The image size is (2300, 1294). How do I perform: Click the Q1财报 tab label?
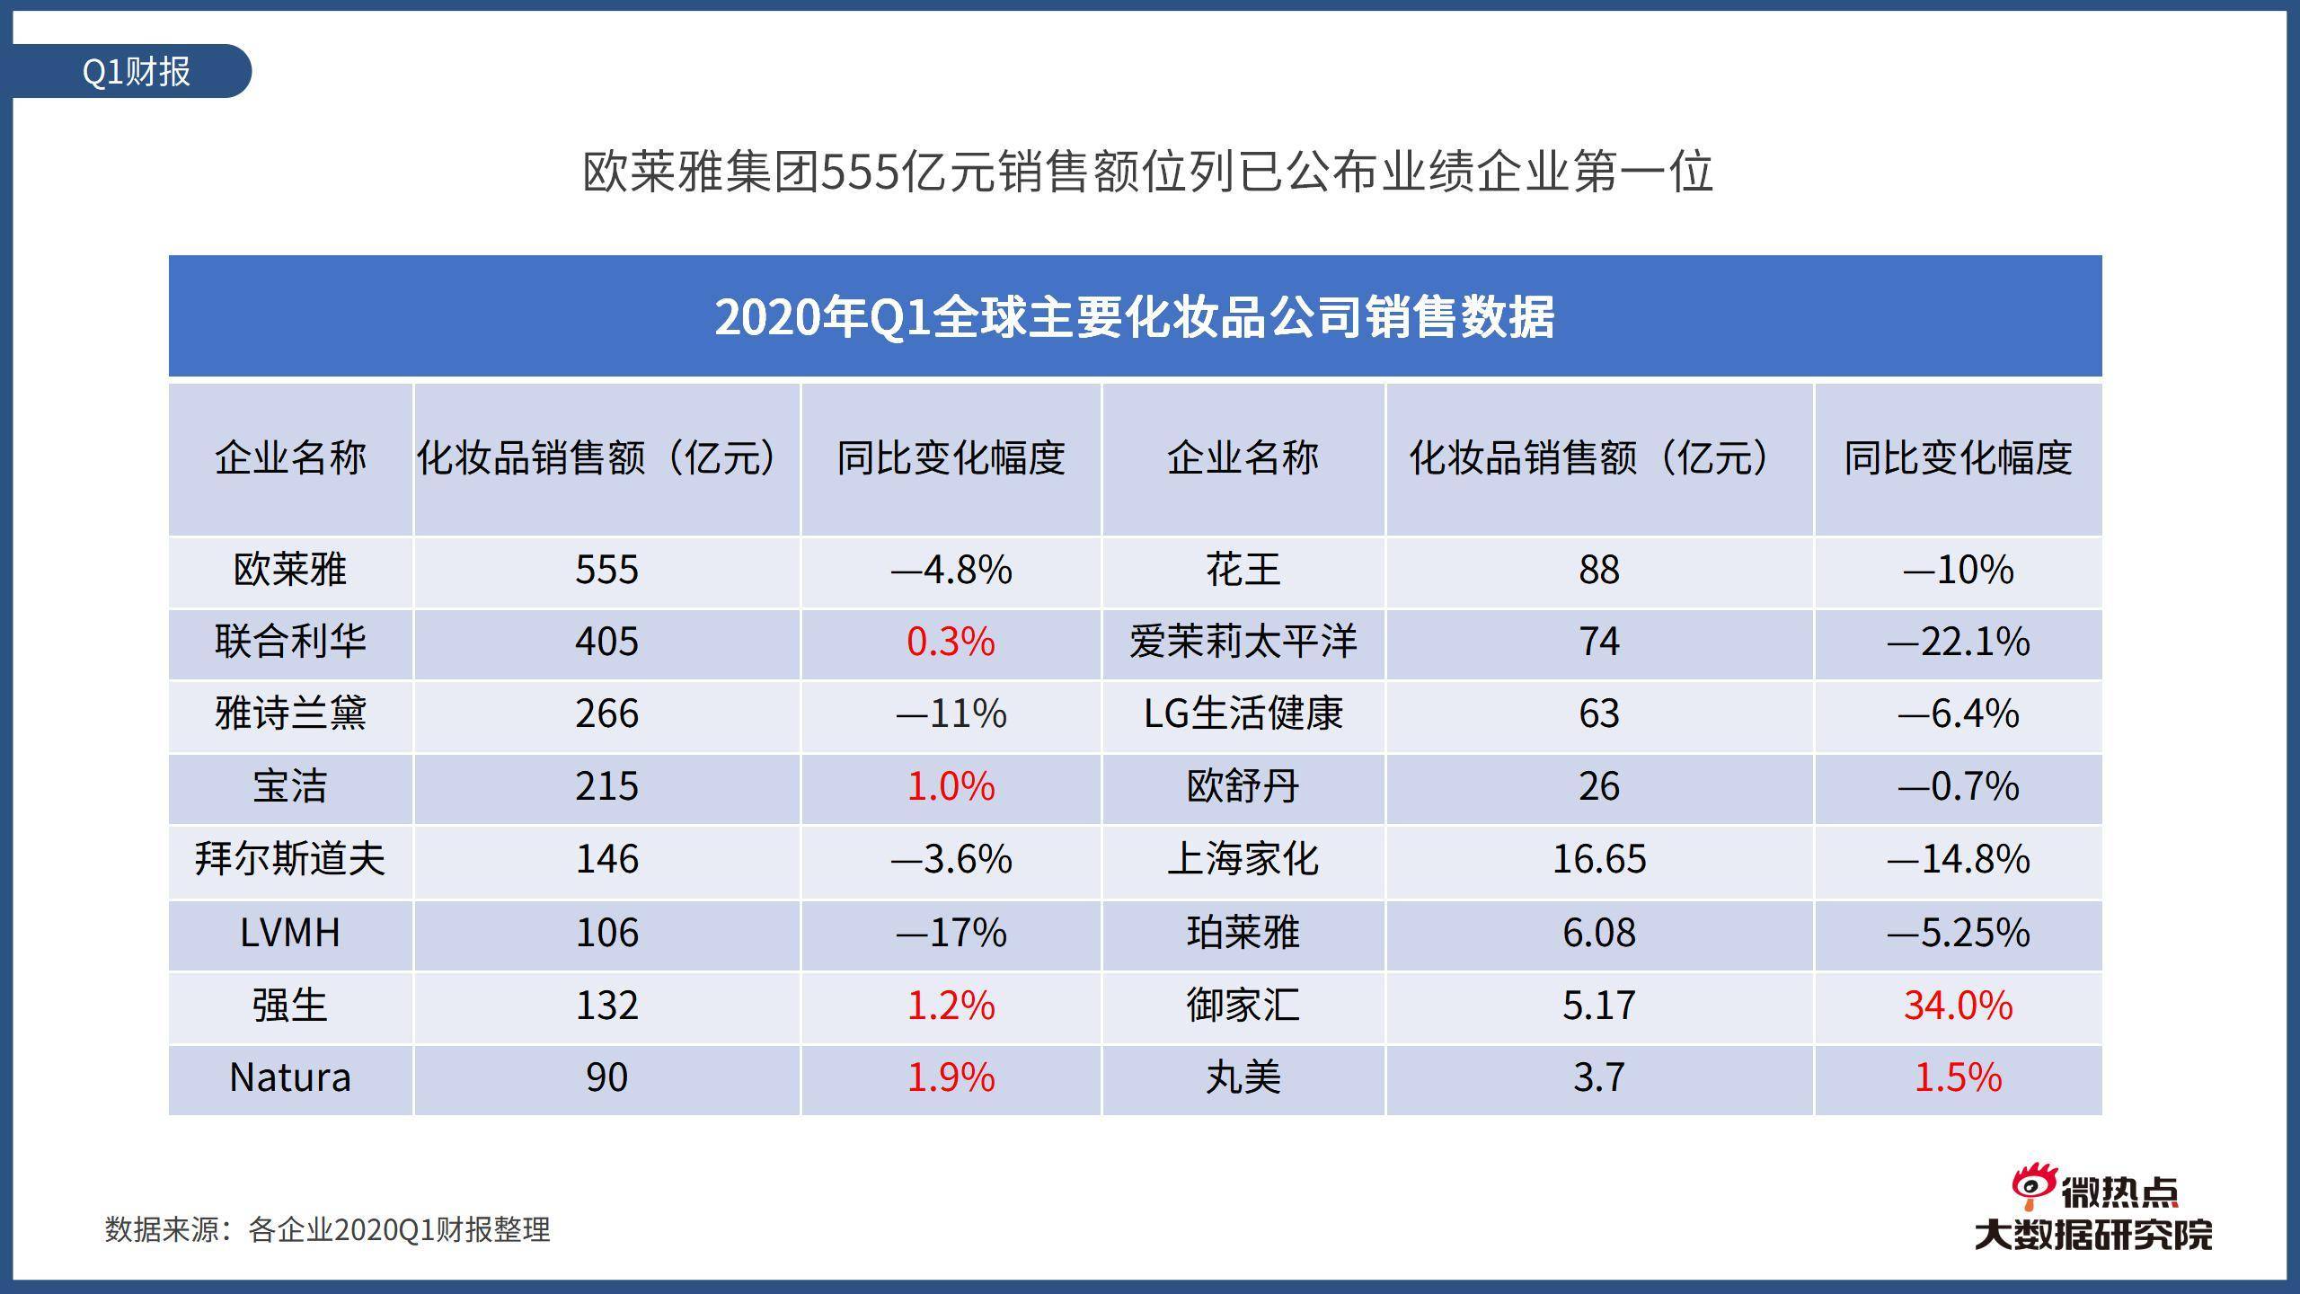point(136,71)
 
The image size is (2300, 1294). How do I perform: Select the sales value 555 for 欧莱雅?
point(606,570)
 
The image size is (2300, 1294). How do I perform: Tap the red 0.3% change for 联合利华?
point(951,642)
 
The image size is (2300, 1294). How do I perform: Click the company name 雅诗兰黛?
point(290,713)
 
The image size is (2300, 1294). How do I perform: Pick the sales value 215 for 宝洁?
point(606,786)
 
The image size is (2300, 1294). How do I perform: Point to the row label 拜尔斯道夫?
point(290,859)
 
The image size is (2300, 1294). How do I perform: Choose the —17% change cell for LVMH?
point(951,932)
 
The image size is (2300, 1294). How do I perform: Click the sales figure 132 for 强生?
point(606,1005)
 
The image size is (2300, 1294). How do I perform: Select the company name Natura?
point(290,1077)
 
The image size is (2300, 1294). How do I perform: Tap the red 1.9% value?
point(951,1077)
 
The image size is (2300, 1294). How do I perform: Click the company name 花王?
point(1243,570)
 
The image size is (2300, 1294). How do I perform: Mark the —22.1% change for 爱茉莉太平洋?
point(1958,642)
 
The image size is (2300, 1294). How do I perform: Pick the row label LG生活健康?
point(1243,713)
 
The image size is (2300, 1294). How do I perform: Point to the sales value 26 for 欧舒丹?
point(1598,786)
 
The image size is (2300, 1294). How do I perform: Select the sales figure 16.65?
point(1598,859)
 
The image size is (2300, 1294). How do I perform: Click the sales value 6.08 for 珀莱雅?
point(1598,932)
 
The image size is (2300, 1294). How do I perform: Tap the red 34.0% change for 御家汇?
point(1958,1005)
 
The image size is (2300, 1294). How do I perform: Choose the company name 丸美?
point(1243,1077)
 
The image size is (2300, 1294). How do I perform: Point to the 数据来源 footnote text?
point(327,1229)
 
